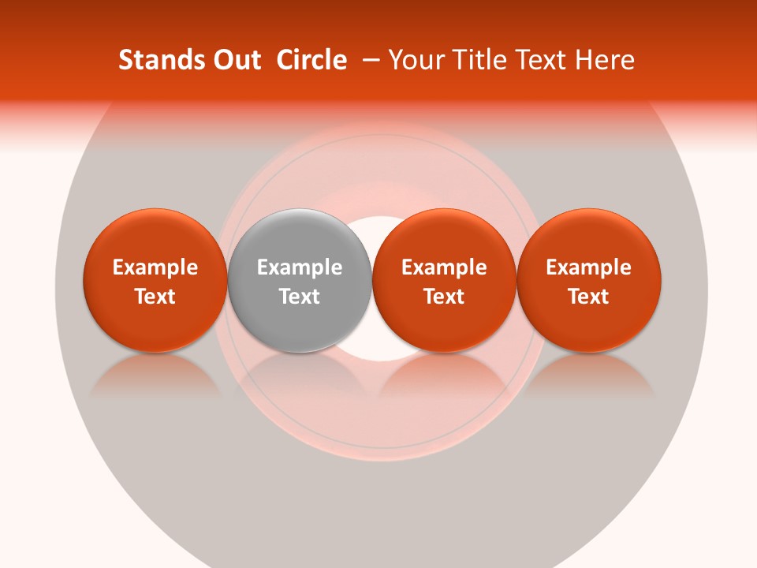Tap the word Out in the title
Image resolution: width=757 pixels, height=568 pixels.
233,60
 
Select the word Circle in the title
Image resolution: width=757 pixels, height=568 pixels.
311,60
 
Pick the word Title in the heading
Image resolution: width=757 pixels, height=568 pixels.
480,60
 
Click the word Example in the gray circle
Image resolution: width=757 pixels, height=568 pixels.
300,267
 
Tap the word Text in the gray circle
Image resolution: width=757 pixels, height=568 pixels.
300,297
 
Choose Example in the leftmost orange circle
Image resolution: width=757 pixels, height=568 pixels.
155,267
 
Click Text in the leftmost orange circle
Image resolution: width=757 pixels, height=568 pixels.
155,297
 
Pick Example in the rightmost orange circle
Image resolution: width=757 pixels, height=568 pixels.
589,267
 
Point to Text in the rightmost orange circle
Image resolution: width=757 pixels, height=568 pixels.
589,297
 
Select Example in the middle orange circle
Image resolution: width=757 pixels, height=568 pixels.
444,267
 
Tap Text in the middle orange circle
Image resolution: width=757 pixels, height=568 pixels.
444,297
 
